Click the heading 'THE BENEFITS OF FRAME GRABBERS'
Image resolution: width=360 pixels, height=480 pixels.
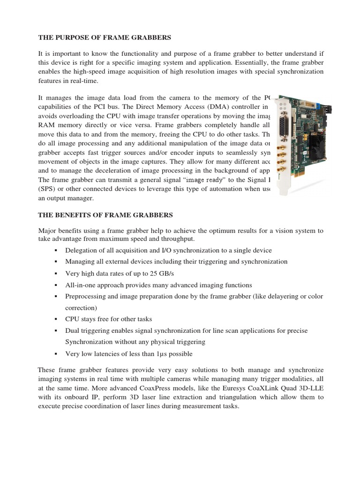[x=105, y=215]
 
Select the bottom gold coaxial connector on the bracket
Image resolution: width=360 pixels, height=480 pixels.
[x=283, y=169]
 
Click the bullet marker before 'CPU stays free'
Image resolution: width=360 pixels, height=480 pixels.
[x=56, y=320]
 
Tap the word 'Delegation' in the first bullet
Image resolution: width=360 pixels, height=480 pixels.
[x=82, y=250]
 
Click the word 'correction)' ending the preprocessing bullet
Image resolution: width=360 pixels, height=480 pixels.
[x=81, y=308]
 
